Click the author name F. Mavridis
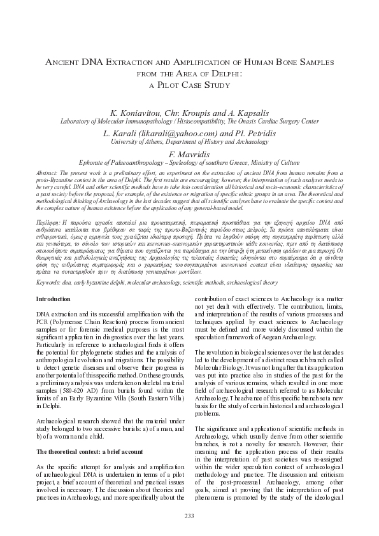click(x=189, y=157)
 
